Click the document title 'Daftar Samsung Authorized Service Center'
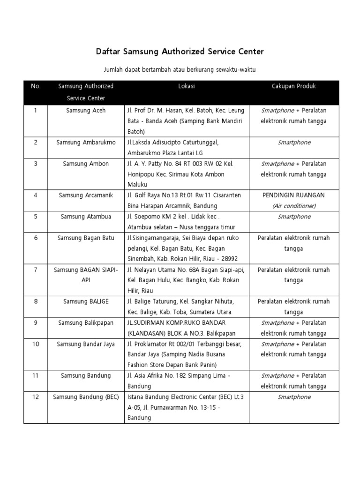coord(180,51)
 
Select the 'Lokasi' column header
coord(187,86)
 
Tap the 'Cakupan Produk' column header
coord(294,86)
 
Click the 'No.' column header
coord(36,86)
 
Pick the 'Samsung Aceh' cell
coord(86,111)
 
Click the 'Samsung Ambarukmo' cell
coord(86,142)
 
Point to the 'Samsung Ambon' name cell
coord(86,164)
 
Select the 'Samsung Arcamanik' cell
coord(86,195)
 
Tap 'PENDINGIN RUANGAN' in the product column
coord(294,195)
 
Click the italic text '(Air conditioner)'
coord(294,206)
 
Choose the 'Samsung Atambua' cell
coord(86,217)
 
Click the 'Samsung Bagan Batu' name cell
coord(86,238)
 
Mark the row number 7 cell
coord(36,270)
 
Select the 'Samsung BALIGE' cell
coord(86,301)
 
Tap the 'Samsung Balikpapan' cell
coord(86,322)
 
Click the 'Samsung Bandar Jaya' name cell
coord(86,344)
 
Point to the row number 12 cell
coord(36,397)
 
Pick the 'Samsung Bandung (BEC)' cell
coord(86,397)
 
